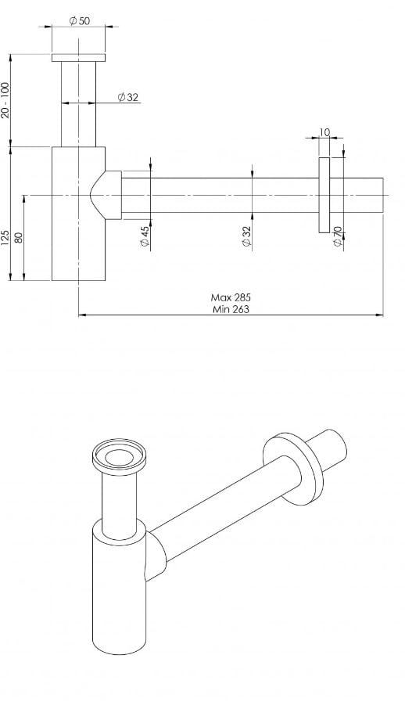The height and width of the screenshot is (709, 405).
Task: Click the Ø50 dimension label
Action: coord(79,20)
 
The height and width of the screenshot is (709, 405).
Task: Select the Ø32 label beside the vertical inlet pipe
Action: coord(127,97)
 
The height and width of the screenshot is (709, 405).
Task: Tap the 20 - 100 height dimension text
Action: coord(6,99)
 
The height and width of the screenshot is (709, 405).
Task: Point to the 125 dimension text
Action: coord(6,237)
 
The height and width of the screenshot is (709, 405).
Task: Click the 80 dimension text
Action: coord(19,236)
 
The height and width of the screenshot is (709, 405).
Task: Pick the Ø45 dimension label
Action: coord(145,237)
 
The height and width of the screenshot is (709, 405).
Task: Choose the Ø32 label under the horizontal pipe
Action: coord(247,237)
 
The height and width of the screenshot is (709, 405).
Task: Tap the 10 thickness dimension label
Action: coord(325,133)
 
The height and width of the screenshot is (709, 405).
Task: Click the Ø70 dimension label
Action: coord(337,237)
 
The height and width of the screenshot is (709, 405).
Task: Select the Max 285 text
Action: coord(231,297)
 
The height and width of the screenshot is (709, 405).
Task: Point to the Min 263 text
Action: coord(231,309)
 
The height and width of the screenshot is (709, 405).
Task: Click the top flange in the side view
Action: coord(78,58)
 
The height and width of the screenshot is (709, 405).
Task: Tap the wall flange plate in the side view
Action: coord(324,195)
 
